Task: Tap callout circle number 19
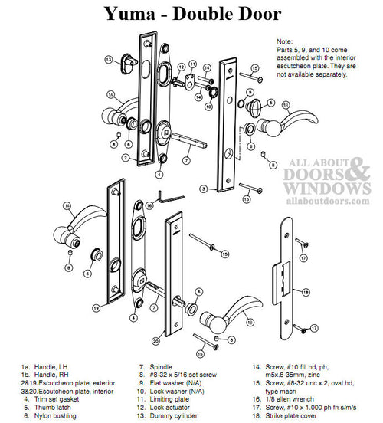(x=97, y=307)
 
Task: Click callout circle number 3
(x=202, y=188)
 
